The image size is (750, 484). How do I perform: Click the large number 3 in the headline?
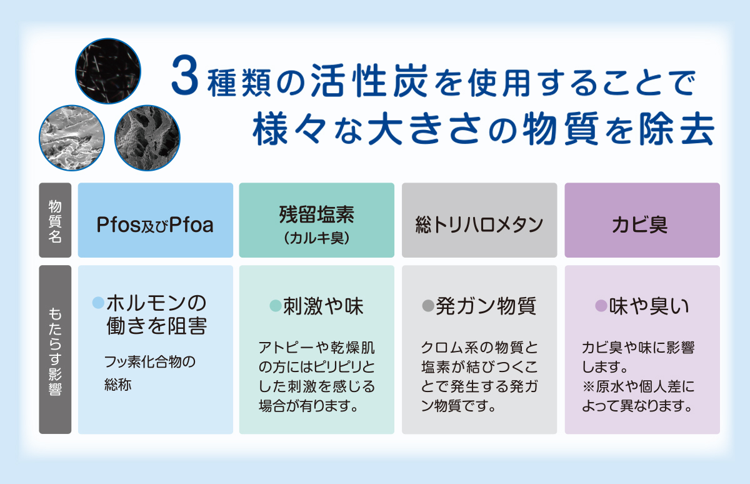(185, 76)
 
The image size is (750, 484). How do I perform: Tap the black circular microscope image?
(108, 71)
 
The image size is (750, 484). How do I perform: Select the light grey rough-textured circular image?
(72, 138)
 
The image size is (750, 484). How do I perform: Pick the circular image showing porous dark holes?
(147, 138)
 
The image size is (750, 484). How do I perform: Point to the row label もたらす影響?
(55, 351)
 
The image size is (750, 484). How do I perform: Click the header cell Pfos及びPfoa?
(156, 220)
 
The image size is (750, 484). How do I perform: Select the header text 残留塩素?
(316, 214)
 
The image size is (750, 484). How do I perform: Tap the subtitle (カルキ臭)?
(316, 238)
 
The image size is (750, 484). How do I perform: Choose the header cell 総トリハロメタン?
(479, 220)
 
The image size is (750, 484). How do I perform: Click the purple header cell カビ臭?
(642, 220)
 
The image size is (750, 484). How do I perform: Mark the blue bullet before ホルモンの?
(99, 303)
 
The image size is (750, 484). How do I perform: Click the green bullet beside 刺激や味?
(276, 306)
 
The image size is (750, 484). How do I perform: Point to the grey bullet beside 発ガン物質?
(428, 306)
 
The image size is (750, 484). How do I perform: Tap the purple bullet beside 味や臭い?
(601, 306)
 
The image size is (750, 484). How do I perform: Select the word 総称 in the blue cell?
(118, 384)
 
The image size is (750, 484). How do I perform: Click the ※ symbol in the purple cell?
(589, 387)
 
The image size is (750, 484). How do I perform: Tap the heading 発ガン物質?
(486, 306)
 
